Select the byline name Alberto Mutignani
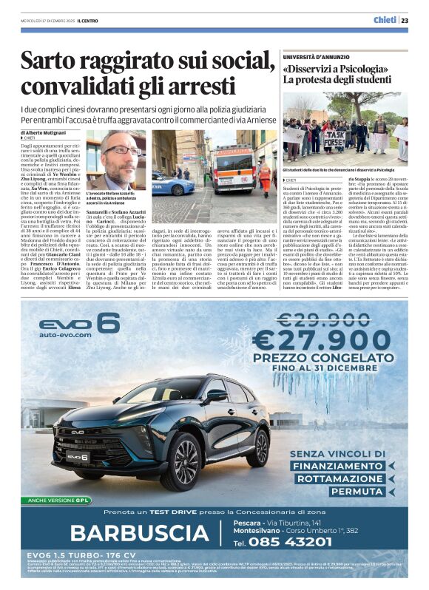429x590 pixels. click(48, 132)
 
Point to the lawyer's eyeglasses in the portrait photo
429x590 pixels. click(121, 151)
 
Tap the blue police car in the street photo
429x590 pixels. click(172, 183)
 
